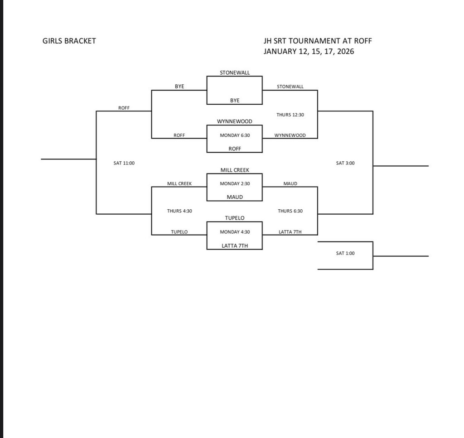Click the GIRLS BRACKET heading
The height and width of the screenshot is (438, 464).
69,41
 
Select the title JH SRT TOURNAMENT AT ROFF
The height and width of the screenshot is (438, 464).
317,41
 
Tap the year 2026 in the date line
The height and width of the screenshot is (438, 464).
345,51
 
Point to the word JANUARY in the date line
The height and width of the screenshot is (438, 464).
280,51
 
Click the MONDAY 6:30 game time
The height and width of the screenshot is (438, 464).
235,135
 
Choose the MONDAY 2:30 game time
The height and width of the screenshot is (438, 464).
235,184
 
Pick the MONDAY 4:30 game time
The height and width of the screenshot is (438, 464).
235,232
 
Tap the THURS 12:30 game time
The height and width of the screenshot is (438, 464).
290,115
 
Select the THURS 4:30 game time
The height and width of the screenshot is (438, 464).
179,211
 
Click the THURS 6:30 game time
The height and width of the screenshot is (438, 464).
290,211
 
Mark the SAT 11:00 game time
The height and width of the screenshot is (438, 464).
124,163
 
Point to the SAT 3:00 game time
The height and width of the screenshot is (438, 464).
345,163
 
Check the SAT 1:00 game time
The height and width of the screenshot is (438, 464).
345,253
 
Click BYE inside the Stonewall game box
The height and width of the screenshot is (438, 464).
235,101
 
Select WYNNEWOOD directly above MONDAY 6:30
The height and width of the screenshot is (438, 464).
235,121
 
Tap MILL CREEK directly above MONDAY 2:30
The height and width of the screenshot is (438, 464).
235,170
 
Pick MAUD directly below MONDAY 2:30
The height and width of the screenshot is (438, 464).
235,197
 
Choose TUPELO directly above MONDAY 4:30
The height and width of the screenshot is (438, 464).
235,218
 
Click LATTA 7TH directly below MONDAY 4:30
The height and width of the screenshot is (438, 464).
235,246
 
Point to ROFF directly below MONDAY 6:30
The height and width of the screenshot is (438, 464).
235,149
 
